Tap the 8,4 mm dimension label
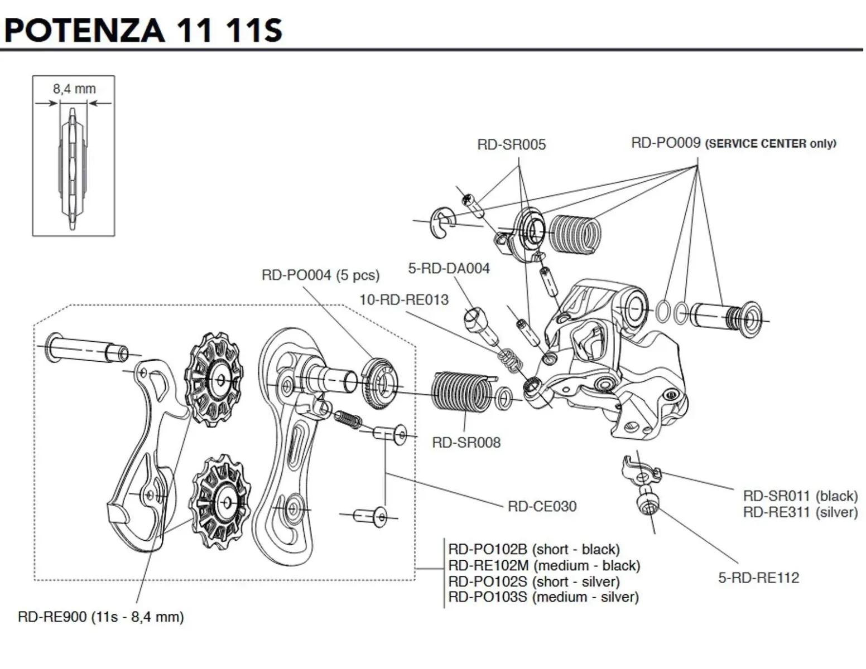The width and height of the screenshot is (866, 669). point(74,89)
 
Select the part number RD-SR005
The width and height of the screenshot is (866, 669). point(511,144)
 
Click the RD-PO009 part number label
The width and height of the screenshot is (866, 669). point(665,143)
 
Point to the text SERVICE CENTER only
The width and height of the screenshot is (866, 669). point(771,144)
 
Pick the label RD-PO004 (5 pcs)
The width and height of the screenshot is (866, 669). point(320,275)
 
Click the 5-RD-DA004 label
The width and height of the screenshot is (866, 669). point(449,268)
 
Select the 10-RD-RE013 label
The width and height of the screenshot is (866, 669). point(404,299)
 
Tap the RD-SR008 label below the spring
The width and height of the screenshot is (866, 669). point(466,443)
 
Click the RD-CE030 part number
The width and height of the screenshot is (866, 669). point(542,506)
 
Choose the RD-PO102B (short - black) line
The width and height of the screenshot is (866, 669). point(534,549)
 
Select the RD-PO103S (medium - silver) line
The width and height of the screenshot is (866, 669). point(543,597)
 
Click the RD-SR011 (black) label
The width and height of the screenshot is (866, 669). point(800,496)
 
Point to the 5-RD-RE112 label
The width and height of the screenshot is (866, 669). point(758,578)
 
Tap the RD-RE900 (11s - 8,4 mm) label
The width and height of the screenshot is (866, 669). point(100,617)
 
